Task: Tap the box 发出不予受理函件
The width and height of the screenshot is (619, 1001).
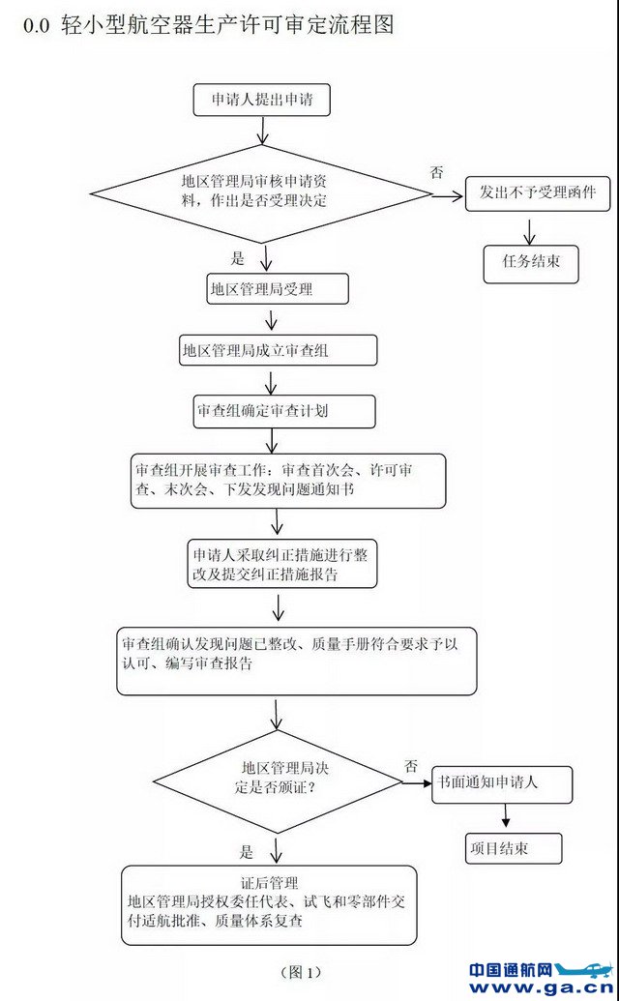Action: (x=530, y=193)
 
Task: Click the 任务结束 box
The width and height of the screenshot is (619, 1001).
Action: (x=530, y=261)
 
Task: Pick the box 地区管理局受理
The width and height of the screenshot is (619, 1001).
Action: (x=277, y=288)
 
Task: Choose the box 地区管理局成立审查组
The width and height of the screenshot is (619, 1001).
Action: (x=279, y=350)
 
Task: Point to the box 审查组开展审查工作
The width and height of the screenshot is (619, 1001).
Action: (x=289, y=481)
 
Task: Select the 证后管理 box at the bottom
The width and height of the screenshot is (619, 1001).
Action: (x=269, y=905)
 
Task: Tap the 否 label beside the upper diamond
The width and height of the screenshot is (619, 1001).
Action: (x=437, y=172)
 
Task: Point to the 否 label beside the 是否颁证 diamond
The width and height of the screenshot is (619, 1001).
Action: (x=410, y=765)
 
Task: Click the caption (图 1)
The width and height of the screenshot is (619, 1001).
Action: (x=299, y=971)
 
